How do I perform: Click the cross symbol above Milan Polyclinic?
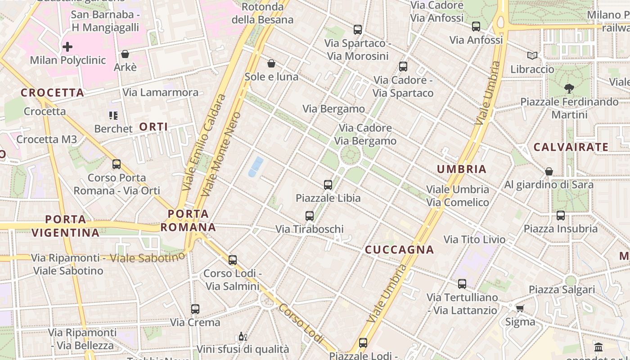pyautogui.click(x=67, y=46)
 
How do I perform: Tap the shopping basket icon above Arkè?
pyautogui.click(x=125, y=54)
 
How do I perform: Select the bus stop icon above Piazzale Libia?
pyautogui.click(x=328, y=184)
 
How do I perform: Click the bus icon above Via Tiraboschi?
pyautogui.click(x=310, y=216)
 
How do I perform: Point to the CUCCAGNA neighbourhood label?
pyautogui.click(x=399, y=250)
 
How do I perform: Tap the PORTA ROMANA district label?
pyautogui.click(x=188, y=220)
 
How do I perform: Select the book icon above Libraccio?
pyautogui.click(x=532, y=55)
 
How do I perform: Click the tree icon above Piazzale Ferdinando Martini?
pyautogui.click(x=569, y=89)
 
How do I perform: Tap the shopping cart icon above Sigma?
pyautogui.click(x=520, y=308)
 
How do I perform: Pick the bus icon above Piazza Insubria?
pyautogui.click(x=561, y=215)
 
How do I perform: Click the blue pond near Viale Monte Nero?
pyautogui.click(x=256, y=166)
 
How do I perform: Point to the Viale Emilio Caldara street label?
pyautogui.click(x=203, y=141)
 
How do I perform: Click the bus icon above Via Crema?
pyautogui.click(x=195, y=309)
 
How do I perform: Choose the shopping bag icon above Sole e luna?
pyautogui.click(x=271, y=63)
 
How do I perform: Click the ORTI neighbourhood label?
pyautogui.click(x=153, y=127)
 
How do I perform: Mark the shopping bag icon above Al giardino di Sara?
pyautogui.click(x=549, y=171)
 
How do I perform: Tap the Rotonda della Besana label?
pyautogui.click(x=262, y=13)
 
